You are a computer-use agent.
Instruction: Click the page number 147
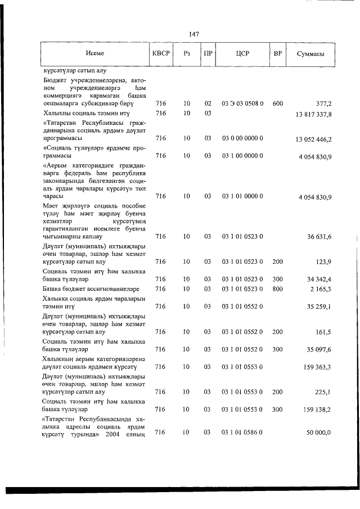[x=194, y=34]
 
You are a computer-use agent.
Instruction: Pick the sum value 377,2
[x=323, y=103]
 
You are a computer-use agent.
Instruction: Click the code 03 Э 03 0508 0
[x=242, y=103]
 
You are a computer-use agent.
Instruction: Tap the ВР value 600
[x=277, y=103]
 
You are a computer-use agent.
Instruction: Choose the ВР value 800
[x=277, y=289]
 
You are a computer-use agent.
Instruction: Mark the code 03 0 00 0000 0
[x=242, y=138]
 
